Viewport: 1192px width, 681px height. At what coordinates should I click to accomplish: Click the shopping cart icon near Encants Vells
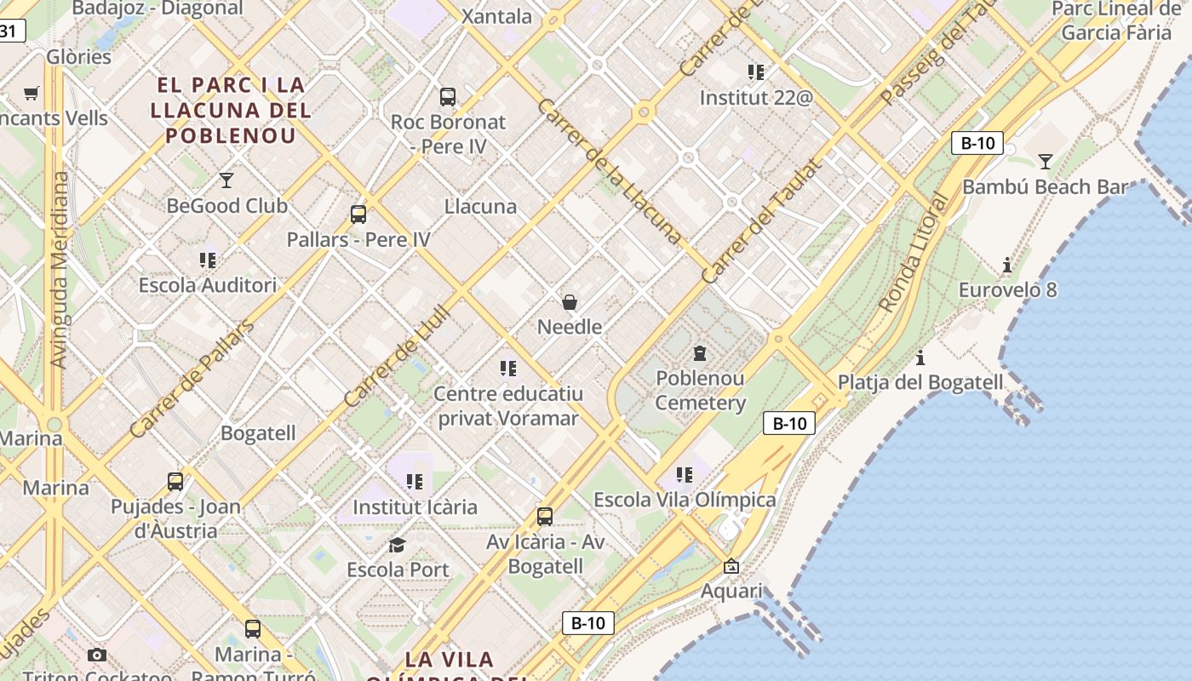(32, 93)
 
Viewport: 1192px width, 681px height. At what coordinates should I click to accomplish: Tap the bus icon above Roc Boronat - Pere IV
(448, 97)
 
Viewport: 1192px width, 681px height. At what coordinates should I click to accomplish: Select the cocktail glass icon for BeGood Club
(226, 180)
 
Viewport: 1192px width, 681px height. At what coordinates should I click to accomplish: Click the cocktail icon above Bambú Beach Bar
(1046, 161)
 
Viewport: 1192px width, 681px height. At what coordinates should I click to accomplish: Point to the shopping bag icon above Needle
(570, 301)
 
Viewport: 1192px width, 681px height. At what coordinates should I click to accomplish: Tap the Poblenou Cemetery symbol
(700, 352)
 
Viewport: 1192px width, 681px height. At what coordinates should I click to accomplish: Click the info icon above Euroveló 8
(1007, 266)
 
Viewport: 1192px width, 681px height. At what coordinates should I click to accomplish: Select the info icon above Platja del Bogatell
(920, 358)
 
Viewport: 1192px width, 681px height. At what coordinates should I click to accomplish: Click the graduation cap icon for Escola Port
(397, 545)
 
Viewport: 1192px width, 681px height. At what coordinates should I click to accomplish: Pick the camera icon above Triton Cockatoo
(97, 655)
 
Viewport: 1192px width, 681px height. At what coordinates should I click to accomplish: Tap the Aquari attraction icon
(731, 566)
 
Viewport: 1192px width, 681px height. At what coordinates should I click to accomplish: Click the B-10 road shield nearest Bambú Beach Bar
(977, 143)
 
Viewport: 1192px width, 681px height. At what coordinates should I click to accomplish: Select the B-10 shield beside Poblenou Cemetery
(789, 423)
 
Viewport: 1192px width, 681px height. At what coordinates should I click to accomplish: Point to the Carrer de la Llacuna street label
(610, 171)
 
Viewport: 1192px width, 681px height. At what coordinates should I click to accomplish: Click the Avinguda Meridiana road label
(60, 270)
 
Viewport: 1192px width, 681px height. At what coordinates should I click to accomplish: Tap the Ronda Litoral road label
(914, 253)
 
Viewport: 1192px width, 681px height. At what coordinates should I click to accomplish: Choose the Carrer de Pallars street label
(192, 379)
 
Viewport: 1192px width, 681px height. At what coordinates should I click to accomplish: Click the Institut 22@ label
(756, 98)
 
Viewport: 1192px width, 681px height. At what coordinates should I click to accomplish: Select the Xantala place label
(496, 16)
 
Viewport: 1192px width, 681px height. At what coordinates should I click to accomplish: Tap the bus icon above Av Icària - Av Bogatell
(545, 516)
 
